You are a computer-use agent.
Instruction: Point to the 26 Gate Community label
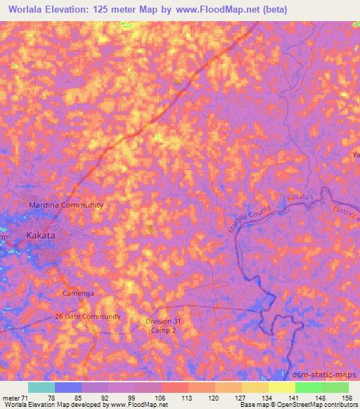coord(88,316)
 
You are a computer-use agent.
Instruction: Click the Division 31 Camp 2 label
coord(163,326)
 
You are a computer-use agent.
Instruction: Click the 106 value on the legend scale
coord(162,397)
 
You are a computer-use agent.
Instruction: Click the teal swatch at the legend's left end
coord(41,387)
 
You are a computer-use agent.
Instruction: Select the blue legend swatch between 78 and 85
coord(67,387)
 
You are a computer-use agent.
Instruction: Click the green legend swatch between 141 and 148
coord(308,387)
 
